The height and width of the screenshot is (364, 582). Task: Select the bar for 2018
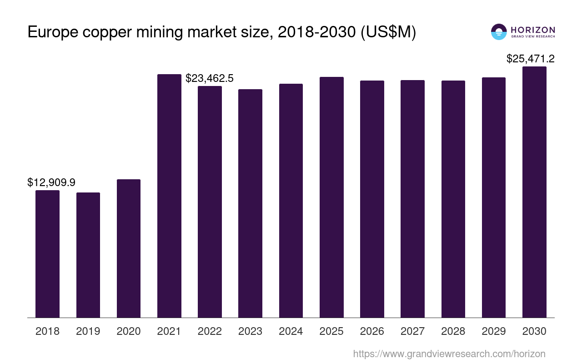(x=47, y=254)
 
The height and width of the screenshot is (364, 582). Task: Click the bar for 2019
(x=88, y=255)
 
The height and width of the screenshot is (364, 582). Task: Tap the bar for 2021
(x=169, y=196)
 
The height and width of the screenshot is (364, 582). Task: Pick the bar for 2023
(x=250, y=203)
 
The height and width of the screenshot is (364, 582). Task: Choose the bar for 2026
(x=372, y=199)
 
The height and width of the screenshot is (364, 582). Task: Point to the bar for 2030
(x=534, y=192)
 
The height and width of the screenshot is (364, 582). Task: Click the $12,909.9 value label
(x=51, y=182)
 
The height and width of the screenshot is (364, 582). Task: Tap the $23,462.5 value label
(x=210, y=78)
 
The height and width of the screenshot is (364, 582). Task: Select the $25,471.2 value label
(x=531, y=59)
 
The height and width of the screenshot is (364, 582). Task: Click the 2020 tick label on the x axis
(x=129, y=331)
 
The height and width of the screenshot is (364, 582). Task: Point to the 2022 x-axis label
(x=210, y=331)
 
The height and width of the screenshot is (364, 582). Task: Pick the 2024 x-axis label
(x=291, y=331)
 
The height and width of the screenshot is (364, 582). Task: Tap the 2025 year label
(x=331, y=331)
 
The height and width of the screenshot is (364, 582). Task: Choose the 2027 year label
(x=412, y=331)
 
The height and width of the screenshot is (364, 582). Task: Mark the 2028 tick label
(x=453, y=331)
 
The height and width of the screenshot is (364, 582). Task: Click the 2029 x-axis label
(x=494, y=331)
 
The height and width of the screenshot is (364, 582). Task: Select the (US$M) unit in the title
(x=388, y=33)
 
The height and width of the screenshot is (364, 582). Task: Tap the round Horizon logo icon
(x=499, y=32)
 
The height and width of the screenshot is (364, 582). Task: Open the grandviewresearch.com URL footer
(x=449, y=354)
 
